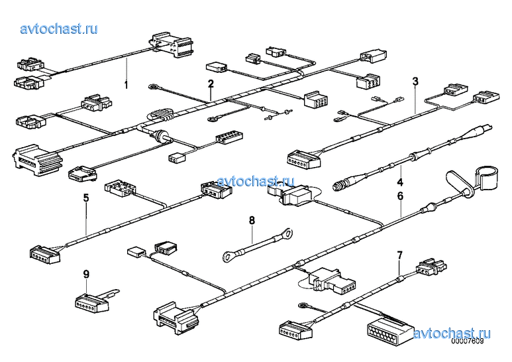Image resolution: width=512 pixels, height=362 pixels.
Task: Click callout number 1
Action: pyautogui.click(x=126, y=86)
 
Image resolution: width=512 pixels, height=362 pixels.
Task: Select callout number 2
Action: pyautogui.click(x=211, y=84)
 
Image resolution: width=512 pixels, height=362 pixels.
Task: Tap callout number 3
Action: pyautogui.click(x=415, y=81)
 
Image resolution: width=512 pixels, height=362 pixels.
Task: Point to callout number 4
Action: pyautogui.click(x=400, y=182)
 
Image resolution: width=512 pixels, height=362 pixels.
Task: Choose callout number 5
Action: pyautogui.click(x=86, y=198)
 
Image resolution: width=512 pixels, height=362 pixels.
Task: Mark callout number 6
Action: pyautogui.click(x=400, y=196)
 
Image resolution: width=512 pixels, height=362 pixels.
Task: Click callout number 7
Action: pyautogui.click(x=399, y=255)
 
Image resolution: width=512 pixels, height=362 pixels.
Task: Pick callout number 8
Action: pyautogui.click(x=252, y=221)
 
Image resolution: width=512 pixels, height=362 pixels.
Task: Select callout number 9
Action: pyautogui.click(x=86, y=274)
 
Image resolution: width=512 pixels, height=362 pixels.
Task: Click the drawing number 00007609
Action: pyautogui.click(x=467, y=341)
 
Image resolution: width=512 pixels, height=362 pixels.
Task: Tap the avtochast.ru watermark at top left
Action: pyautogui.click(x=59, y=29)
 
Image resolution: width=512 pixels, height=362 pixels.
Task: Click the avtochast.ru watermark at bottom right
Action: pyautogui.click(x=452, y=333)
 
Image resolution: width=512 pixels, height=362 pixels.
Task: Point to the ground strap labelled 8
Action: pyautogui.click(x=258, y=241)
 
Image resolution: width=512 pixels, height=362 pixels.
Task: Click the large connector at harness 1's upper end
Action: pyautogui.click(x=170, y=45)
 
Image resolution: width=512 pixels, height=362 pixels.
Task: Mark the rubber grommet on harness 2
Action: pyautogui.click(x=161, y=135)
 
